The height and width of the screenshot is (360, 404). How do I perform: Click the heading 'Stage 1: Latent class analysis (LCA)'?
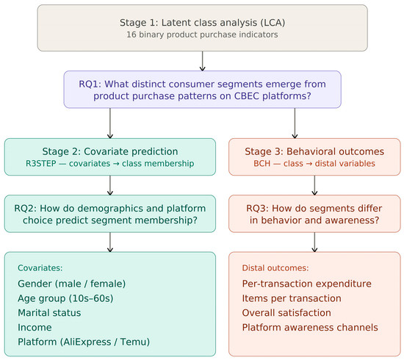pyautogui.click(x=202, y=23)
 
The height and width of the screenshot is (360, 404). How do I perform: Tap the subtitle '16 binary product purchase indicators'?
pyautogui.click(x=202, y=35)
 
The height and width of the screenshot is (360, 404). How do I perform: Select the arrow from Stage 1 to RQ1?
pyautogui.click(x=202, y=61)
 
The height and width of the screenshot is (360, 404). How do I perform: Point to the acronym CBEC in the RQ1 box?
pyautogui.click(x=247, y=96)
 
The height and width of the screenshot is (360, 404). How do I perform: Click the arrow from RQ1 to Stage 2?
pyautogui.click(x=110, y=123)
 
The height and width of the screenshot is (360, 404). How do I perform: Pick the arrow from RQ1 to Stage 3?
pyautogui.click(x=295, y=123)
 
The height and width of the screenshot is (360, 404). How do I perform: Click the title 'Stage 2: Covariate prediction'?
pyautogui.click(x=110, y=151)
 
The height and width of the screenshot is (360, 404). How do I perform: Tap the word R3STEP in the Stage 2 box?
pyautogui.click(x=41, y=163)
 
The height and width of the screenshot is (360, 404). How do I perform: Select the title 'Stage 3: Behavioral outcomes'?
pyautogui.click(x=314, y=151)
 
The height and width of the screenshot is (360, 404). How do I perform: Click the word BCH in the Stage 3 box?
pyautogui.click(x=261, y=163)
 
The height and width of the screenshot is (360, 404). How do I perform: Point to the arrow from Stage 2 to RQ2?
pyautogui.click(x=110, y=185)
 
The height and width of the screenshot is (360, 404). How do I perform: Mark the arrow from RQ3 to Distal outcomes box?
pyautogui.click(x=314, y=242)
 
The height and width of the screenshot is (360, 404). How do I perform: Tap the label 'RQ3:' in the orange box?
pyautogui.click(x=257, y=208)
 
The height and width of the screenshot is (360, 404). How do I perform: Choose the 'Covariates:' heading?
pyautogui.click(x=40, y=268)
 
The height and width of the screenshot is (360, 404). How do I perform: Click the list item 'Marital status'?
pyautogui.click(x=49, y=313)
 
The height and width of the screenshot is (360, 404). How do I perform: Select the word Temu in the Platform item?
pyautogui.click(x=135, y=342)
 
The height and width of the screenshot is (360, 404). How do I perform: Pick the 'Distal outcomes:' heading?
pyautogui.click(x=275, y=268)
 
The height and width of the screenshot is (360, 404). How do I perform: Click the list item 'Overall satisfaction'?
pyautogui.click(x=286, y=313)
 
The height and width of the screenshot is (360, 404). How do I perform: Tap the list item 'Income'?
pyautogui.click(x=35, y=328)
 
